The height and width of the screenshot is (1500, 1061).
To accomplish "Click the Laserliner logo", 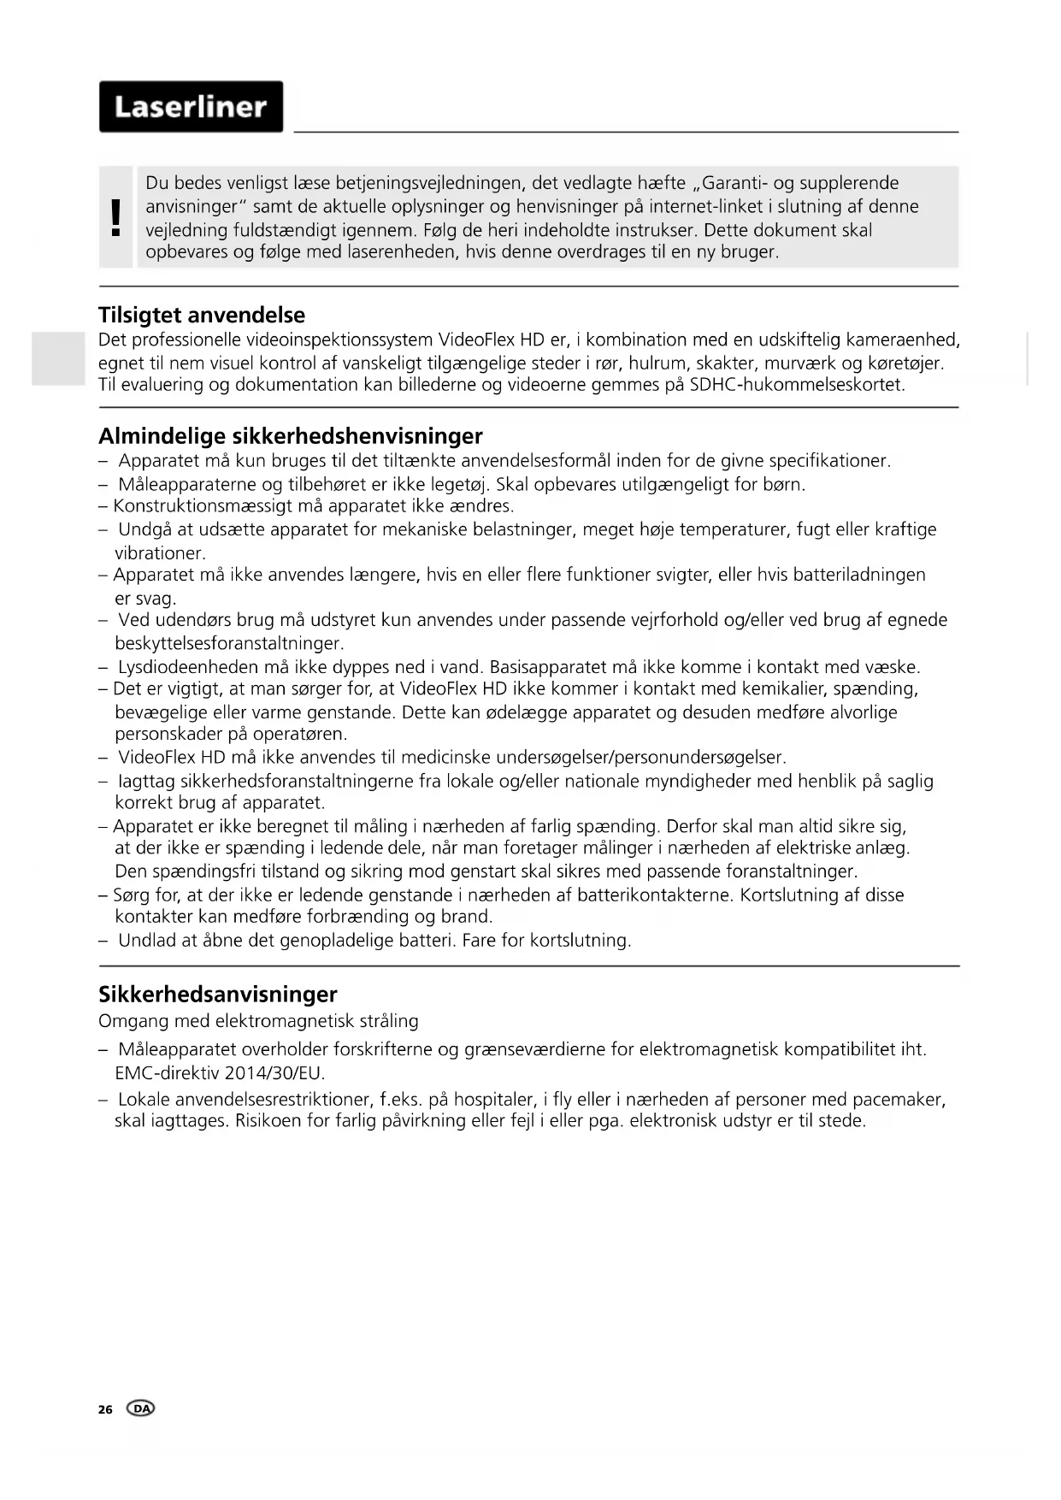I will [191, 107].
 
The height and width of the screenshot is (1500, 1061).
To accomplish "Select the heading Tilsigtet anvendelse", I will [202, 315].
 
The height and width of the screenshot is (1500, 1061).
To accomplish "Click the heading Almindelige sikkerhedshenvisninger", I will [291, 436].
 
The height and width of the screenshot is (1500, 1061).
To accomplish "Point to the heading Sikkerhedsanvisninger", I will [218, 994].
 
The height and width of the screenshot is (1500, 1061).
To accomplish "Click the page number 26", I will [105, 1409].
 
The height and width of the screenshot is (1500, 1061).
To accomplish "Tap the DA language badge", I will [141, 1408].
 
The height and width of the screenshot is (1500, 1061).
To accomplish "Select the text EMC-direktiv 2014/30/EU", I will [220, 1072].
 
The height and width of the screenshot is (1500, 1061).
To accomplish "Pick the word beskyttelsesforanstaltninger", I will [228, 643].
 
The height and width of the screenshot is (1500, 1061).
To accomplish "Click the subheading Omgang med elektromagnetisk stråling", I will [258, 1021].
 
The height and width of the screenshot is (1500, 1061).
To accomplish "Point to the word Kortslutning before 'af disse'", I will [789, 895].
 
